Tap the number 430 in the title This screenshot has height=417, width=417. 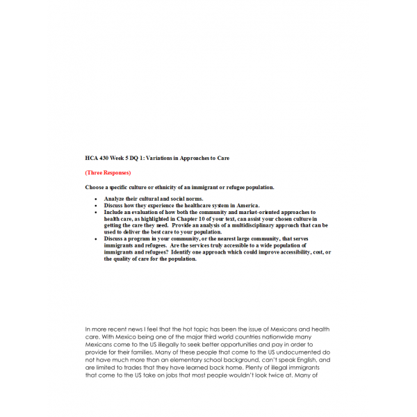(x=104, y=158)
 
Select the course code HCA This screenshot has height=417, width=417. (x=91, y=158)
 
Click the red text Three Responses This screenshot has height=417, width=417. (x=108, y=172)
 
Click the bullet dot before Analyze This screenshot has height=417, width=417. (x=96, y=199)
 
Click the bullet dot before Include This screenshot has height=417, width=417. (x=96, y=212)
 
